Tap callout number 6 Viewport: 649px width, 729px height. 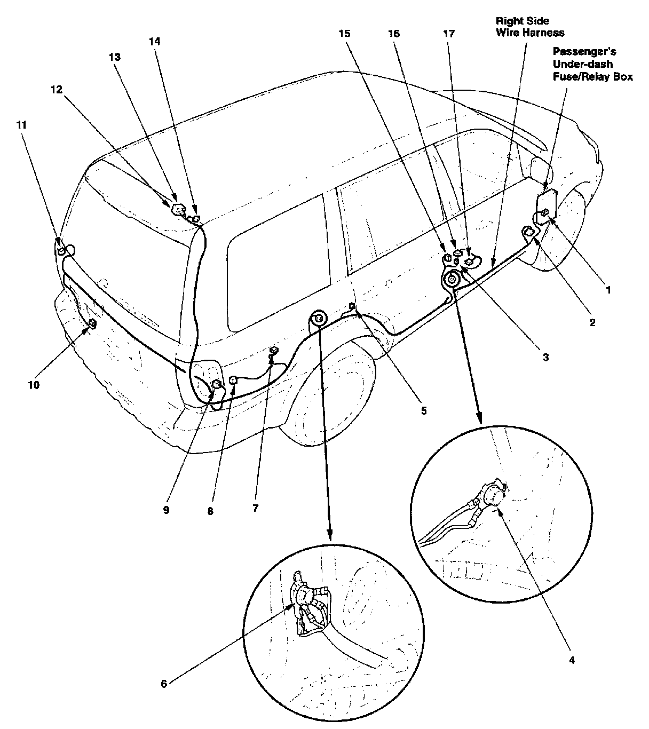pyautogui.click(x=164, y=684)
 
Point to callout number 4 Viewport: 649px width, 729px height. pyautogui.click(x=572, y=660)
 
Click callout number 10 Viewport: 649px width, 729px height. pyautogui.click(x=34, y=384)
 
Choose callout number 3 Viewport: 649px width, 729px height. pyautogui.click(x=545, y=358)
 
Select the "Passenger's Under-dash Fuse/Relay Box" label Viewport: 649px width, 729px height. pyautogui.click(x=592, y=64)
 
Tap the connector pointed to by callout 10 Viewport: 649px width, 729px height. pyautogui.click(x=92, y=323)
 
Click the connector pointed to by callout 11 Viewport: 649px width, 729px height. pyautogui.click(x=62, y=250)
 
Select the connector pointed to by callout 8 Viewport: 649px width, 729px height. pyautogui.click(x=233, y=380)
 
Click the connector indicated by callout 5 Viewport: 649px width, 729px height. pyautogui.click(x=352, y=306)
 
